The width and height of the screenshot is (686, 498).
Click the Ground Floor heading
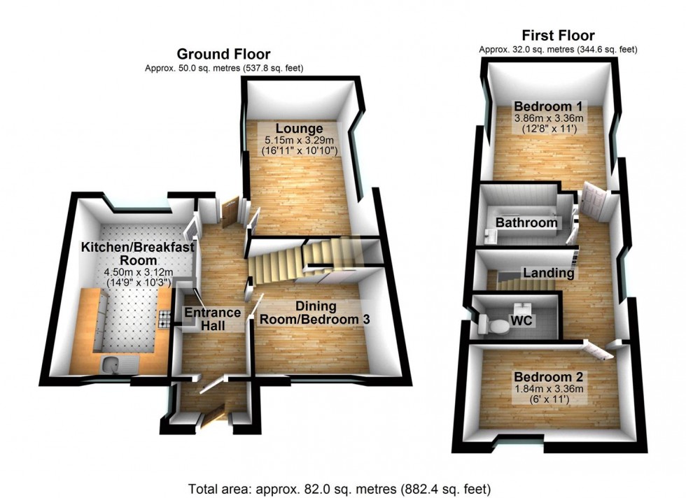(223, 54)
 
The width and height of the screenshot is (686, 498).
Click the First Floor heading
(558, 36)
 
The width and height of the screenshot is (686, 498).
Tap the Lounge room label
(299, 129)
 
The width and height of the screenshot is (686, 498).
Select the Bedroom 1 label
(549, 106)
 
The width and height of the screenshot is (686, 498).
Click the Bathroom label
(526, 223)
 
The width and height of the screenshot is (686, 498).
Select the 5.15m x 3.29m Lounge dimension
(299, 140)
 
